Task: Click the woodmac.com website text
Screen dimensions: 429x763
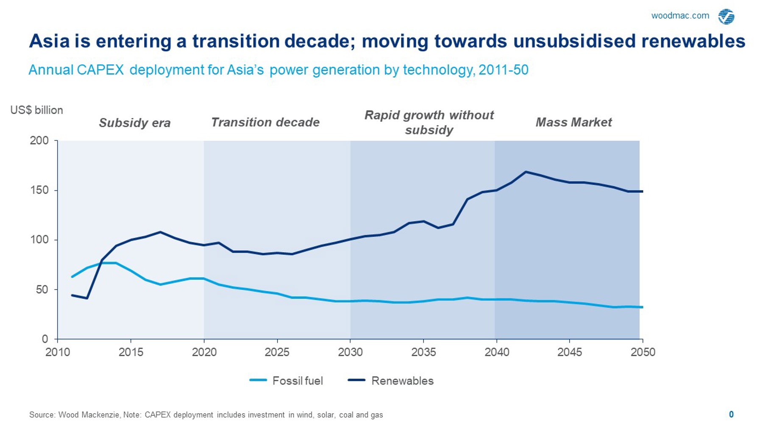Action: pyautogui.click(x=680, y=16)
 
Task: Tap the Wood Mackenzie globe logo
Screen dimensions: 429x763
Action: pyautogui.click(x=726, y=17)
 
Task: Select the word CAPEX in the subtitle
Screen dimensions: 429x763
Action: pyautogui.click(x=100, y=70)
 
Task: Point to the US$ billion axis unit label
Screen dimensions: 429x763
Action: pyautogui.click(x=36, y=110)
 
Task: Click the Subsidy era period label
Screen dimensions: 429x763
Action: pyautogui.click(x=134, y=123)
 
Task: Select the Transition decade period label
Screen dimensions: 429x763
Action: pyautogui.click(x=265, y=123)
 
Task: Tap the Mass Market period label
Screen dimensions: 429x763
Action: pyautogui.click(x=574, y=123)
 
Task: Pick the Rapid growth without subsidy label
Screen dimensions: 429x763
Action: pyautogui.click(x=429, y=122)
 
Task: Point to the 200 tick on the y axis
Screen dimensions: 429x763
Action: pyautogui.click(x=39, y=140)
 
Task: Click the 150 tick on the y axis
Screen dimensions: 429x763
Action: pyautogui.click(x=39, y=190)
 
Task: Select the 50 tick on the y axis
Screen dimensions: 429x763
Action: pyautogui.click(x=42, y=290)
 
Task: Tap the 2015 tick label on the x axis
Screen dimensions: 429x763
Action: pyautogui.click(x=131, y=352)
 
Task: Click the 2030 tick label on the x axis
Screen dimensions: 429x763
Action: pyautogui.click(x=350, y=352)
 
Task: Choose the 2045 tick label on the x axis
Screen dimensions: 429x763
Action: pyautogui.click(x=570, y=352)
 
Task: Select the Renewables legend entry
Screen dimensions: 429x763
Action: pyautogui.click(x=390, y=381)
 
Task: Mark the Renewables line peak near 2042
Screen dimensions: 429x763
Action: pyautogui.click(x=526, y=172)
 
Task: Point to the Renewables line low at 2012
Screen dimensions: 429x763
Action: pyautogui.click(x=87, y=298)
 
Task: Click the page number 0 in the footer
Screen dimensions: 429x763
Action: pyautogui.click(x=731, y=415)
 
